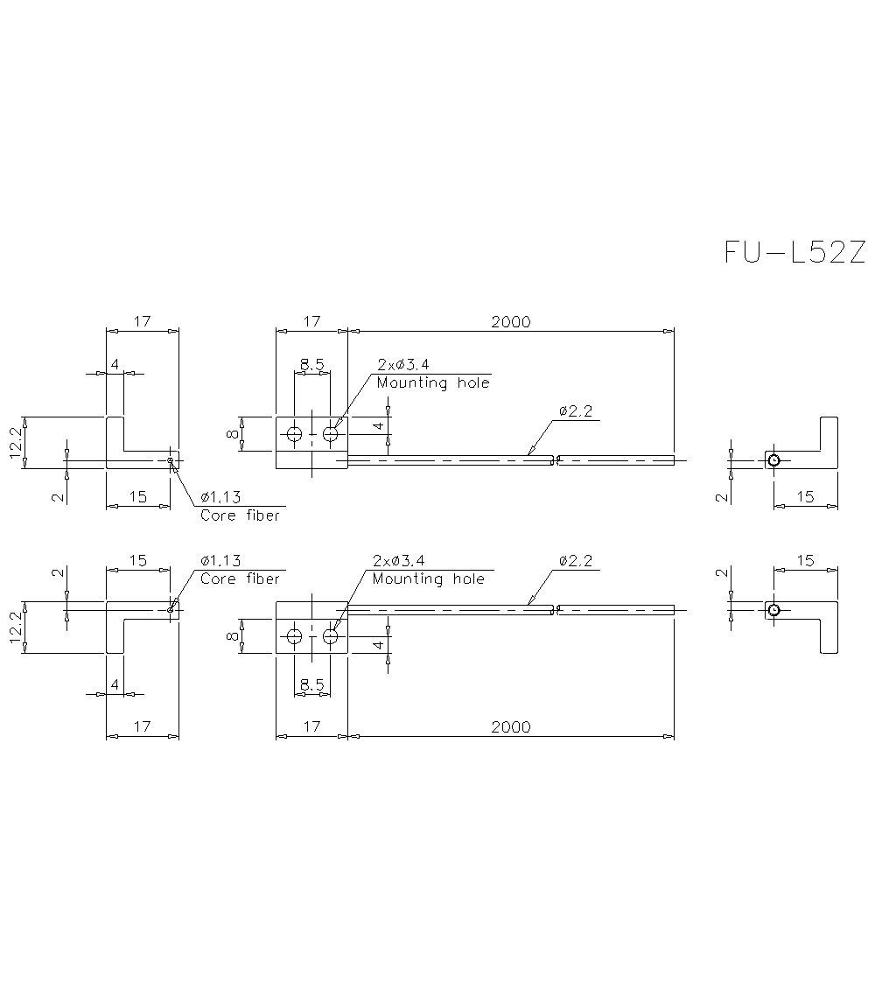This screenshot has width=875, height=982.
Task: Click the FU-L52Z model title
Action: tap(794, 252)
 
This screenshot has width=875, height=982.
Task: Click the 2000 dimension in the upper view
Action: tap(510, 322)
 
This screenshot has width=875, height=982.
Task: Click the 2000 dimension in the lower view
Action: tap(510, 726)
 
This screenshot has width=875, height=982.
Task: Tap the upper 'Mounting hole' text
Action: tap(433, 383)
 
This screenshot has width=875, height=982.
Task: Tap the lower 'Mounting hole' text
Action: tap(428, 579)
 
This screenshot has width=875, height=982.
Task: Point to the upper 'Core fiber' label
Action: tap(240, 516)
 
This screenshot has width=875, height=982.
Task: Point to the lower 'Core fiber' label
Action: tap(240, 579)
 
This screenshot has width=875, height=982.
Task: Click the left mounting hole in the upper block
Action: tap(294, 433)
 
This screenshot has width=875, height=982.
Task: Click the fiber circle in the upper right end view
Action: tap(773, 460)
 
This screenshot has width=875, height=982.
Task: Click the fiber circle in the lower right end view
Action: tap(773, 609)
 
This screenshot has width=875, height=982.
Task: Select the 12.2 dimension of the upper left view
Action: tap(16, 443)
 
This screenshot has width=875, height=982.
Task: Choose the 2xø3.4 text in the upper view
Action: tap(402, 364)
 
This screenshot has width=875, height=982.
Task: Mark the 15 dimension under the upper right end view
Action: tap(805, 496)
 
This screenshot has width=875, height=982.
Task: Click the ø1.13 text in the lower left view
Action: tap(220, 560)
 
